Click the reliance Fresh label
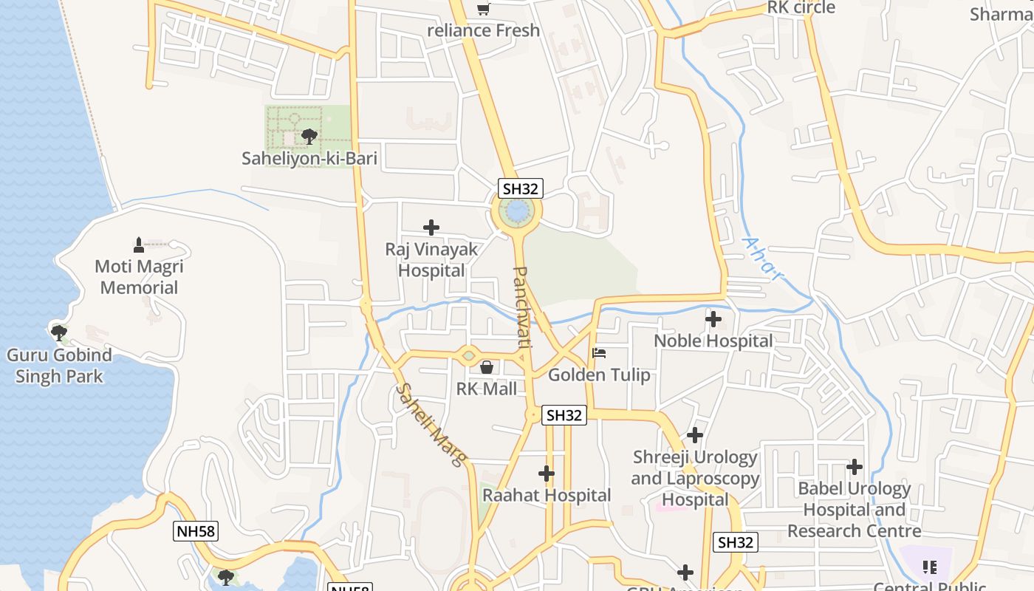(484, 30)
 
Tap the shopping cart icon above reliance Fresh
(483, 9)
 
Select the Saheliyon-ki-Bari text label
(309, 158)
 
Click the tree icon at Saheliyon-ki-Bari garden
(309, 136)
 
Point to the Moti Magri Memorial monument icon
(139, 245)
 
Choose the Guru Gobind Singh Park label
(59, 366)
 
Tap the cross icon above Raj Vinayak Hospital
(431, 228)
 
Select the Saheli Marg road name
(432, 425)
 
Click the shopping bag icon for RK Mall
(487, 367)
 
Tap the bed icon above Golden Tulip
(599, 353)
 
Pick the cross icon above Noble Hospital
(713, 319)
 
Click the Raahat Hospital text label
(547, 495)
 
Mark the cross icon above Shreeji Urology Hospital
(695, 435)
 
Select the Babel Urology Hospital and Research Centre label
(855, 510)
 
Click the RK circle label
(801, 7)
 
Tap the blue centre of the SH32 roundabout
(516, 212)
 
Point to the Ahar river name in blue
(761, 259)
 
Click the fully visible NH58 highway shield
(196, 530)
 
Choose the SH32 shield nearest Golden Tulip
(564, 415)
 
